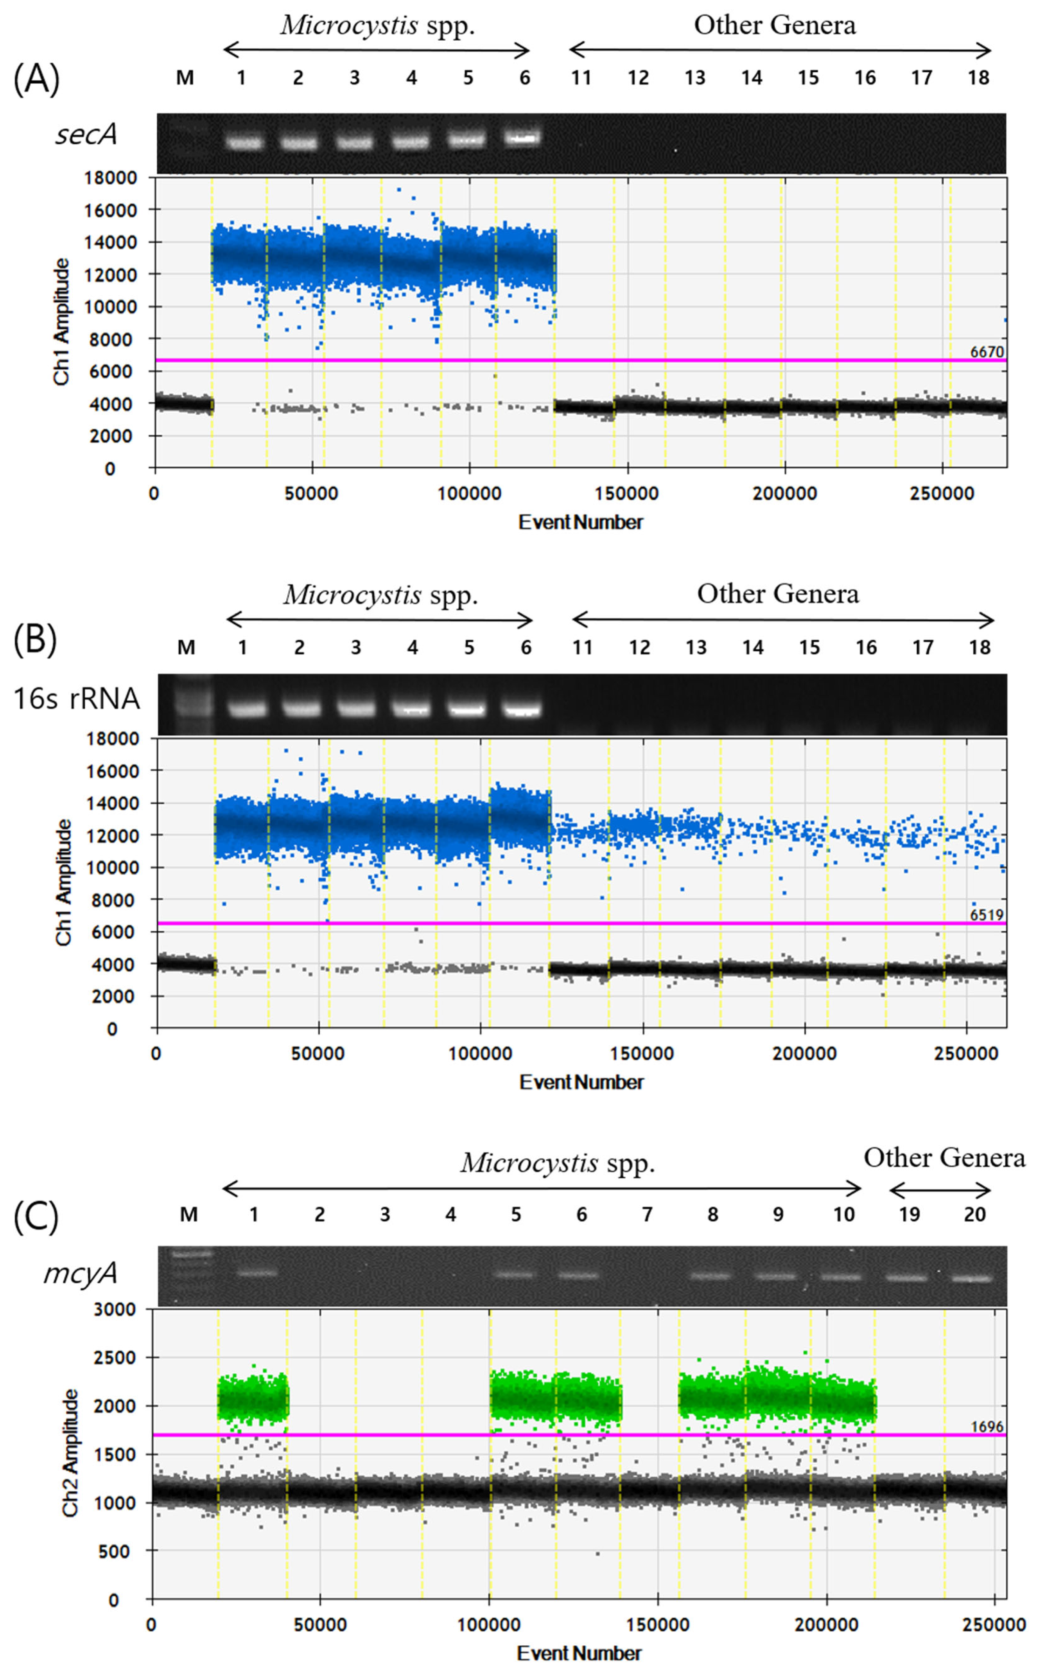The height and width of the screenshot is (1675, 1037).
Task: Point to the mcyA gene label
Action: coord(80,1272)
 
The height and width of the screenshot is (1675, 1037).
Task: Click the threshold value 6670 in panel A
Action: coord(986,352)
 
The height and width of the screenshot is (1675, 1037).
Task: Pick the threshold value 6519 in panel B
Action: coord(986,914)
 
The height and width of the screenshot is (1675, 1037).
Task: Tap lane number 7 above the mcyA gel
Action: coord(647,1215)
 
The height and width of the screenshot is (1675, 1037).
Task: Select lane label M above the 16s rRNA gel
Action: coord(186,647)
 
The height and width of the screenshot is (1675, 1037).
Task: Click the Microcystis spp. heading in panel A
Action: coord(377,25)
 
